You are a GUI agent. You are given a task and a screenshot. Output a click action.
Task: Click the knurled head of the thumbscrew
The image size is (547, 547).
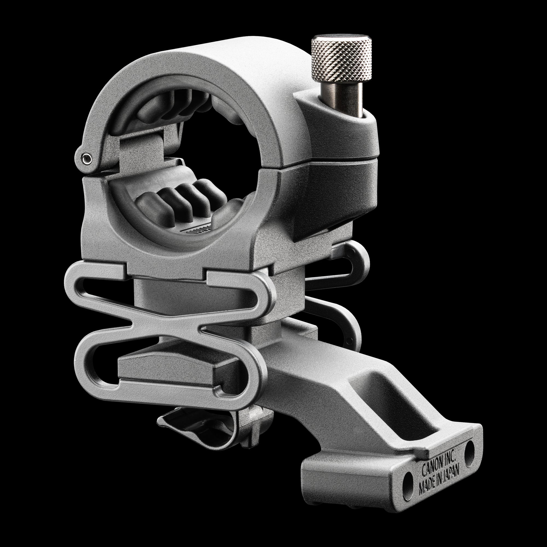[x=341, y=62]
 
